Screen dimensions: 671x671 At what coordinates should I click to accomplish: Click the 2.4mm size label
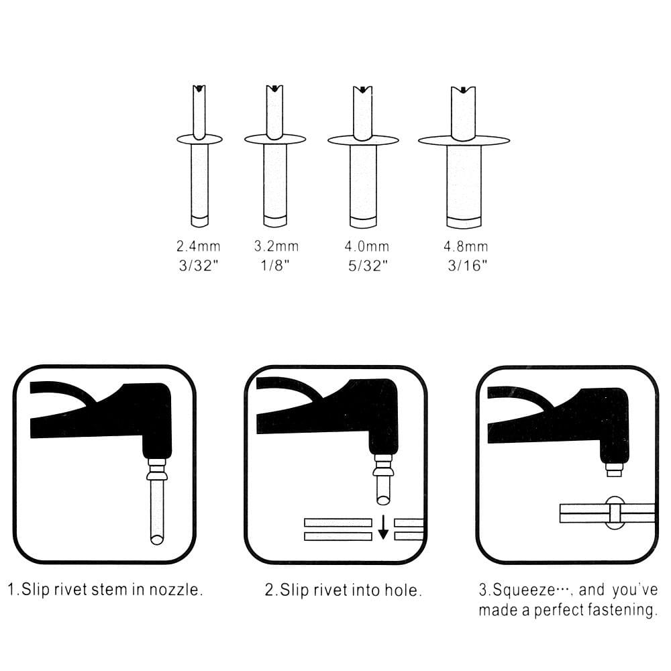pyautogui.click(x=199, y=247)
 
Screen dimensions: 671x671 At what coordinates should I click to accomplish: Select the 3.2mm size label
pyautogui.click(x=276, y=247)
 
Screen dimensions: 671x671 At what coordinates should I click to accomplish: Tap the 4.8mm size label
pyautogui.click(x=464, y=247)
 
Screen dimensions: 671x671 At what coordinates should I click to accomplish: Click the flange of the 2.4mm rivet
pyautogui.click(x=199, y=139)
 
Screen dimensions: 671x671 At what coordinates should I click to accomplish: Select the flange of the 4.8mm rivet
pyautogui.click(x=464, y=140)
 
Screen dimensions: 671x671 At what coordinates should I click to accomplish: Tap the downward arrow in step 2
pyautogui.click(x=382, y=527)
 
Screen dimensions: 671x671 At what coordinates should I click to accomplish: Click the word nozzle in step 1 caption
pyautogui.click(x=178, y=590)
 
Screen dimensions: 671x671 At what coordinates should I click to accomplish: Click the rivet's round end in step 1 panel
pyautogui.click(x=157, y=538)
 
